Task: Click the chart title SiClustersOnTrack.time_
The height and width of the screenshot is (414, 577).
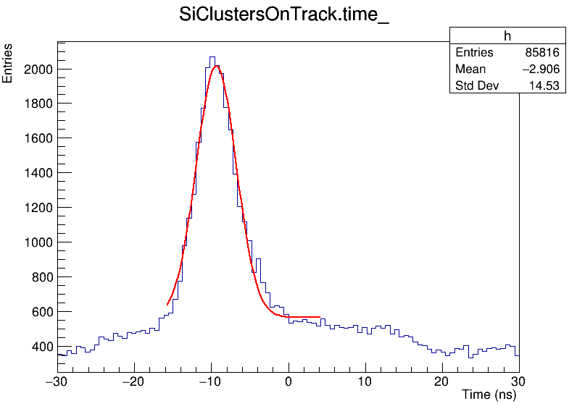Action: (284, 17)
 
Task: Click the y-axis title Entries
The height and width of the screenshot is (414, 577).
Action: (8, 64)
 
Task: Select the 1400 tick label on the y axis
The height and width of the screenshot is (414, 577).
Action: (38, 173)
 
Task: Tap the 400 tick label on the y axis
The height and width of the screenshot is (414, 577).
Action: (41, 347)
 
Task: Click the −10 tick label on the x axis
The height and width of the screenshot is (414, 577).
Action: (210, 381)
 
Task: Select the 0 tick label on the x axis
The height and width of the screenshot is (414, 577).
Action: (288, 381)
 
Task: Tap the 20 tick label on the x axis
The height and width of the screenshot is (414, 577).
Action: (441, 381)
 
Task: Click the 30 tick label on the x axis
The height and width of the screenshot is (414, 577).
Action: (518, 381)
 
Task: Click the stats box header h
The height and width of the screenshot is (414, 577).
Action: (507, 36)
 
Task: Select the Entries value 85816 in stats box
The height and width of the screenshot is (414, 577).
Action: (542, 53)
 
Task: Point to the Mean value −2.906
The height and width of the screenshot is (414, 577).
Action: (539, 69)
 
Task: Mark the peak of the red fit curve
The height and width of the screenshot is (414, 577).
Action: (215, 67)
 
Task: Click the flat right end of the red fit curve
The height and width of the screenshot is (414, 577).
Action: (317, 317)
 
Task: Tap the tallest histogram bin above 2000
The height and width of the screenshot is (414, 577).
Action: (212, 57)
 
